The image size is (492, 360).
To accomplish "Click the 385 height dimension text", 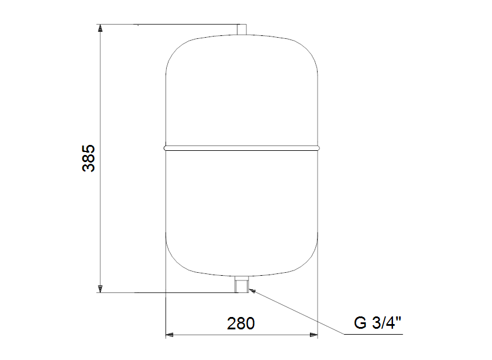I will (x=88, y=157).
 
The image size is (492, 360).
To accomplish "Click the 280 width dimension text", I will (x=240, y=323).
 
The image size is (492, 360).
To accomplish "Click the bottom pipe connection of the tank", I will (x=242, y=285).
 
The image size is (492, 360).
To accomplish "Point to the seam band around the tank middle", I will (x=242, y=147).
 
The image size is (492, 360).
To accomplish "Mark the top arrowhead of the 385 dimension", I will (x=101, y=29).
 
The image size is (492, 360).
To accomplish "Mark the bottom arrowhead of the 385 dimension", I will (x=101, y=288).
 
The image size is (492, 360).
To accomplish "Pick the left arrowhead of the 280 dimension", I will (x=169, y=335).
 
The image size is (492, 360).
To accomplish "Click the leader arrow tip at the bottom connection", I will (x=251, y=289).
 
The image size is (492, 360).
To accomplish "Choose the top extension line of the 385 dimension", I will (x=171, y=25).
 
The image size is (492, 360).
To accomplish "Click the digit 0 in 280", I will (x=250, y=323).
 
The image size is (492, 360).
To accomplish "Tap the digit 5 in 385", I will (x=88, y=148).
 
